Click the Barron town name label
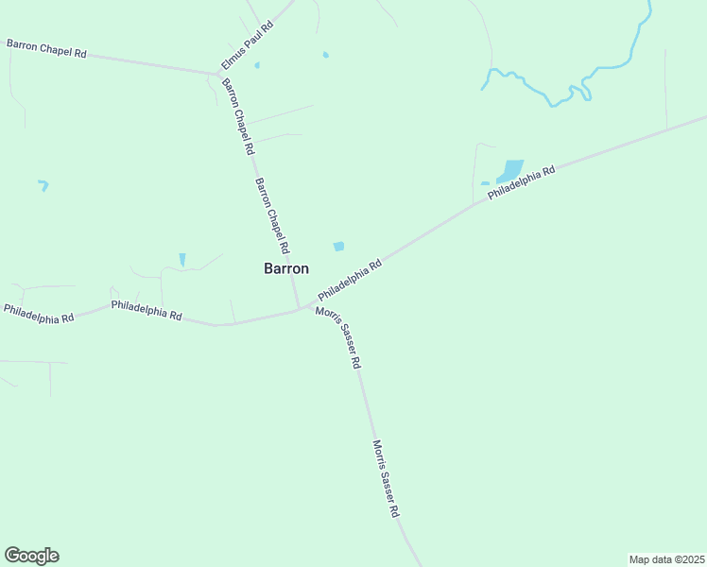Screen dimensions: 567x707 coord(285,268)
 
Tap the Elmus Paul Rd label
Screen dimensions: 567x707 coord(247,44)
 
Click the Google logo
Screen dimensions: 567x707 coord(31,556)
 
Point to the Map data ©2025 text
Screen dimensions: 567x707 coord(666,559)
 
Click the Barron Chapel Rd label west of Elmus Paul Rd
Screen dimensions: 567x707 coord(46,48)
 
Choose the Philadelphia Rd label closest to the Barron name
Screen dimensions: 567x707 coord(349,281)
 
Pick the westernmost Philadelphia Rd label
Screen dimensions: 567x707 coord(39,314)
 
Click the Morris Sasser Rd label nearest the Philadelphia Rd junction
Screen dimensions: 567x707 coord(339,337)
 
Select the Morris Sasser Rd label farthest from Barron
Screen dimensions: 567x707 coord(386,478)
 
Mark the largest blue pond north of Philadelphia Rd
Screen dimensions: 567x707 coord(510,170)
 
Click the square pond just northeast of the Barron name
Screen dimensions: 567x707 coord(338,247)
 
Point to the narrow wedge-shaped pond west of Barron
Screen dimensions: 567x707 coord(182,259)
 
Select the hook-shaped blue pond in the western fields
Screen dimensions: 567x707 coord(43,185)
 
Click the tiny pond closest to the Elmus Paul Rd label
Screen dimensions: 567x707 coord(256,65)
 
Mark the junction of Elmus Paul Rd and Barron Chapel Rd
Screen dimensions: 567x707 coord(218,73)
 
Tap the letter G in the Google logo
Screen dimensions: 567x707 coord(12,555)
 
